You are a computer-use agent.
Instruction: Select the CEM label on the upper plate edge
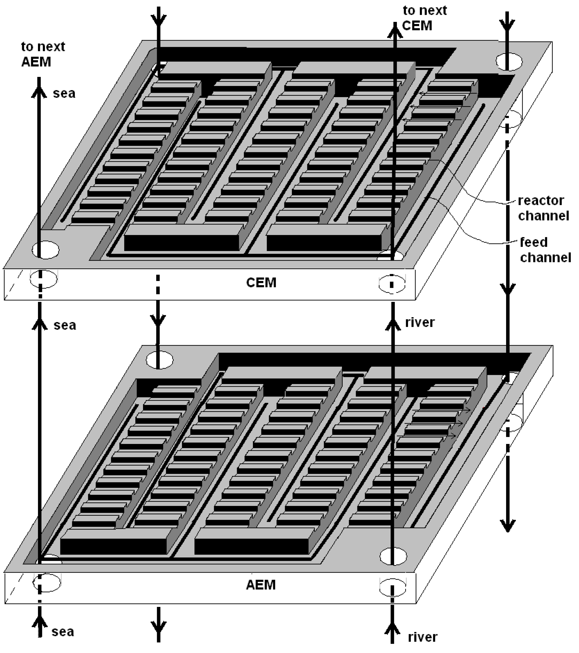(x=261, y=282)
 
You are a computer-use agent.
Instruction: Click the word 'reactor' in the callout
(x=541, y=201)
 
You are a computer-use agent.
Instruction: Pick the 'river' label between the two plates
(x=420, y=322)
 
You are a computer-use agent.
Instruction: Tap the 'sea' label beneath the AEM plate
(x=63, y=631)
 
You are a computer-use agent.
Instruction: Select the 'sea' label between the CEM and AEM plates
(x=65, y=325)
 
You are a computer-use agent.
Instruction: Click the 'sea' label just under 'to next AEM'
(x=64, y=93)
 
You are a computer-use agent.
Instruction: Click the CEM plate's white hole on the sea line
(x=46, y=249)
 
